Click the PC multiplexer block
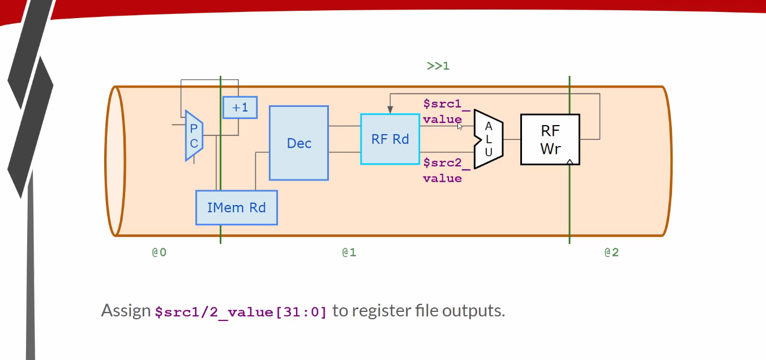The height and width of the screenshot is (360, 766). [x=194, y=136]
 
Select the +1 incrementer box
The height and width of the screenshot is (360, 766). [x=240, y=108]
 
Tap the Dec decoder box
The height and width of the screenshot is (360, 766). [x=299, y=143]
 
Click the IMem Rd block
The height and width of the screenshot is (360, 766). [x=236, y=208]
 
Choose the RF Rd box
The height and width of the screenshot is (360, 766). [x=390, y=139]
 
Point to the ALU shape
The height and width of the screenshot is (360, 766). [x=489, y=139]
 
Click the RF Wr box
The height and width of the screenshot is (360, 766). [x=550, y=139]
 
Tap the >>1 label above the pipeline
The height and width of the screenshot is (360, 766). [x=438, y=66]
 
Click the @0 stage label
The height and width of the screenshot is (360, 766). [x=159, y=252]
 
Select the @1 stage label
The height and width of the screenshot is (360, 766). [x=349, y=252]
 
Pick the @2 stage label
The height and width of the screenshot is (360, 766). [x=611, y=252]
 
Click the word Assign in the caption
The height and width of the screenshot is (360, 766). [x=126, y=311]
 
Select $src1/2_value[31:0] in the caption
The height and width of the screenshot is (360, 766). [x=241, y=311]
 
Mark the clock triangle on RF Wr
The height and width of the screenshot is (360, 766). [x=570, y=162]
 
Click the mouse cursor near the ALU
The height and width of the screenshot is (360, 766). [x=460, y=126]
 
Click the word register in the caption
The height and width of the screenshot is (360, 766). [x=378, y=311]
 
